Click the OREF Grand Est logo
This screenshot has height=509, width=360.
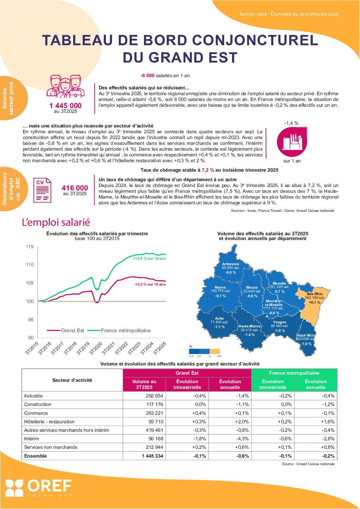click(x=38, y=488)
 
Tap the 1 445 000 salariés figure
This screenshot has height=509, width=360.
click(x=65, y=106)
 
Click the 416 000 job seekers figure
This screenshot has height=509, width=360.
click(x=75, y=188)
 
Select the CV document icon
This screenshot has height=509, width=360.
click(x=42, y=190)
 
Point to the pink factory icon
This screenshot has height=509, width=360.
click(x=292, y=142)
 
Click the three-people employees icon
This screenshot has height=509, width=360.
click(x=65, y=86)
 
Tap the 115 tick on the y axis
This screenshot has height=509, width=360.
click(x=30, y=247)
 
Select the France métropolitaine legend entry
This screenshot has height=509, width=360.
click(x=126, y=330)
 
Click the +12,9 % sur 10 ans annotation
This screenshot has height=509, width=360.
click(x=149, y=258)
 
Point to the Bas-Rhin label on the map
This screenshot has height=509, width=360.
click(x=314, y=294)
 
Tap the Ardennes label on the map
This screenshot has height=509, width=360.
click(x=230, y=264)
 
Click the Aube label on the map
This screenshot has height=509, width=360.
click(x=219, y=319)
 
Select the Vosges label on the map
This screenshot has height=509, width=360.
click(x=279, y=322)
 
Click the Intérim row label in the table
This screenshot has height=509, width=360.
click(x=32, y=439)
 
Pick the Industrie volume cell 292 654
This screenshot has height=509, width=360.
click(x=154, y=396)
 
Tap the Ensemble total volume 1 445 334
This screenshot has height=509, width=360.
click(x=152, y=456)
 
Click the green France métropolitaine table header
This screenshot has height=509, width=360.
click(x=294, y=373)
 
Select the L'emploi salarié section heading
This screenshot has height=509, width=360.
click(x=56, y=222)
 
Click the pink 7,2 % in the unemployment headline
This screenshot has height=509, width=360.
click(x=208, y=170)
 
